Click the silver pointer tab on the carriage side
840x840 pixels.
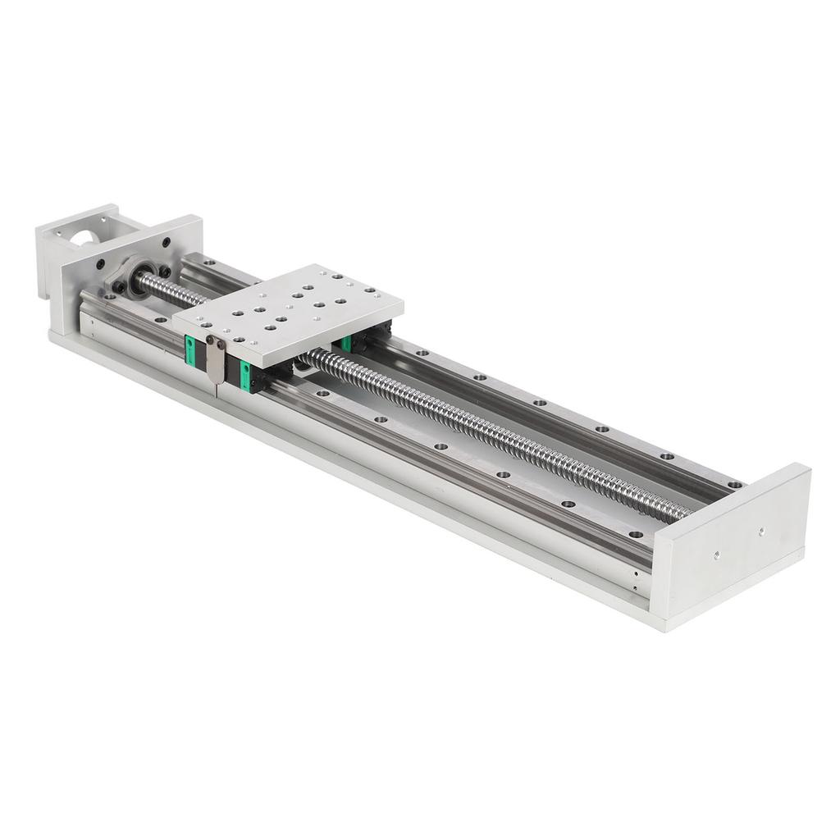(215, 359)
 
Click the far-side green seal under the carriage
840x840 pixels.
(347, 343)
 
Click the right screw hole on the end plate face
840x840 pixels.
(762, 531)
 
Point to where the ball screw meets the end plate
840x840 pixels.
(687, 514)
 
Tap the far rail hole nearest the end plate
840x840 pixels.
(733, 484)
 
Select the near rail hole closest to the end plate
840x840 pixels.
(633, 533)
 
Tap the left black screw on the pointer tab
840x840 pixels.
(210, 340)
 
